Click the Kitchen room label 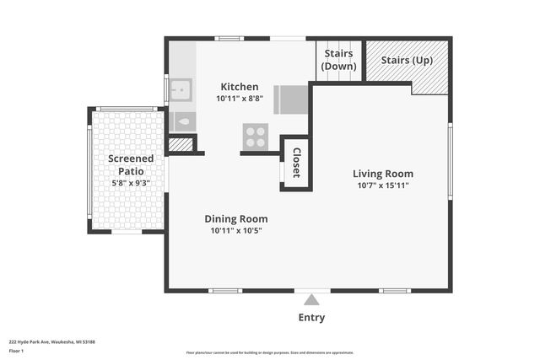(x=240, y=87)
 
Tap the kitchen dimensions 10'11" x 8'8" (x=240, y=99)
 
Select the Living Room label (x=382, y=174)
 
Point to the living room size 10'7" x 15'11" (x=382, y=185)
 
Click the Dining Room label (x=235, y=218)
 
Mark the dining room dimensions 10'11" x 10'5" (x=235, y=230)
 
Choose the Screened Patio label (x=131, y=164)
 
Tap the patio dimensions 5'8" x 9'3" (x=131, y=182)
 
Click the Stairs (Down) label (x=339, y=60)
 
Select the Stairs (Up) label (x=407, y=60)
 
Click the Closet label (x=296, y=163)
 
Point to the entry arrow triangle (x=311, y=299)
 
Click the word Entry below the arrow (x=311, y=318)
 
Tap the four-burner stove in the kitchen (x=255, y=135)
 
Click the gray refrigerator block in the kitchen (x=293, y=99)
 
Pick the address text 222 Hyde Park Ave (x=51, y=342)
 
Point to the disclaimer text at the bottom (x=269, y=352)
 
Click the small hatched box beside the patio (x=180, y=145)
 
